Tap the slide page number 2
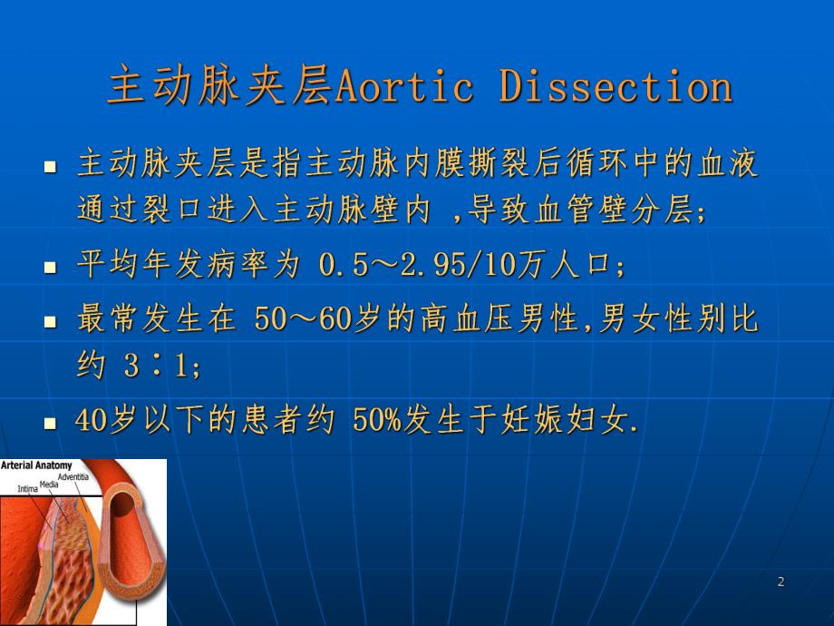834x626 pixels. pos(781,582)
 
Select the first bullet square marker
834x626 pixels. pos(51,167)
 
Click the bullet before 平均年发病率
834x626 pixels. pos(51,269)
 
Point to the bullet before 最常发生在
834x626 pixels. pos(51,321)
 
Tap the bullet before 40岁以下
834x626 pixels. pos(51,423)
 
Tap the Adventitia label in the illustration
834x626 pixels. pos(74,476)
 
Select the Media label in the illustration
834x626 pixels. pos(49,484)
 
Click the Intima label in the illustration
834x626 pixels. pos(27,490)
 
